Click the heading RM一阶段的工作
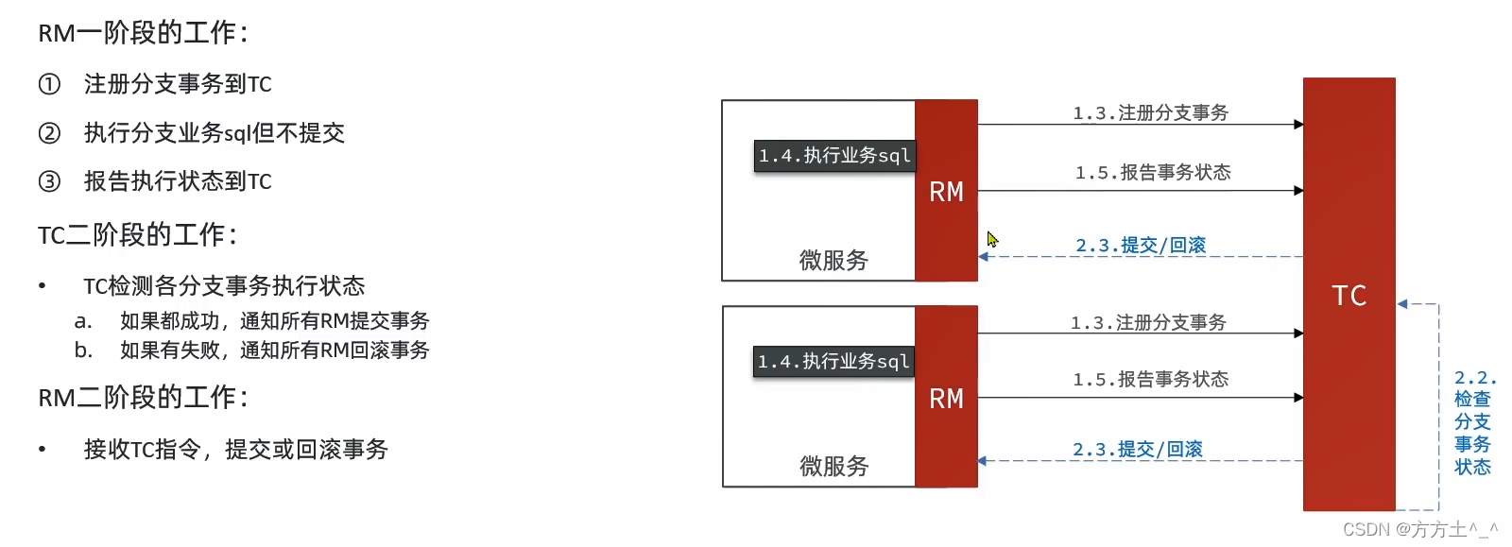tap(143, 33)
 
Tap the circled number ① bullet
tap(49, 84)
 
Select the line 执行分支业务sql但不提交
tap(214, 133)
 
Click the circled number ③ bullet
tap(49, 181)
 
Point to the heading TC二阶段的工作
tap(138, 234)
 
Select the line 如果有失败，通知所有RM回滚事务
tap(274, 350)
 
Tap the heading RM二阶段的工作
tap(143, 398)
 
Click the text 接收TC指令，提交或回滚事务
tap(235, 450)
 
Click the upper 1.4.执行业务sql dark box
tap(834, 156)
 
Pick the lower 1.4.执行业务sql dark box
tap(833, 362)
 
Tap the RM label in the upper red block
tap(946, 193)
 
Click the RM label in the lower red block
tap(946, 399)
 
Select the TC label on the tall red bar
tap(1349, 296)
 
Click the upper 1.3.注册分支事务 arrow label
tap(1150, 113)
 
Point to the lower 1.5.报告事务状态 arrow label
tap(1150, 380)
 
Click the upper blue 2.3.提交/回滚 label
tap(1141, 246)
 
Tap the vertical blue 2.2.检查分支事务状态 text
tap(1472, 422)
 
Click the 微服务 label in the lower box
tap(833, 467)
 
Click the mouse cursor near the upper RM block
tap(992, 240)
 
